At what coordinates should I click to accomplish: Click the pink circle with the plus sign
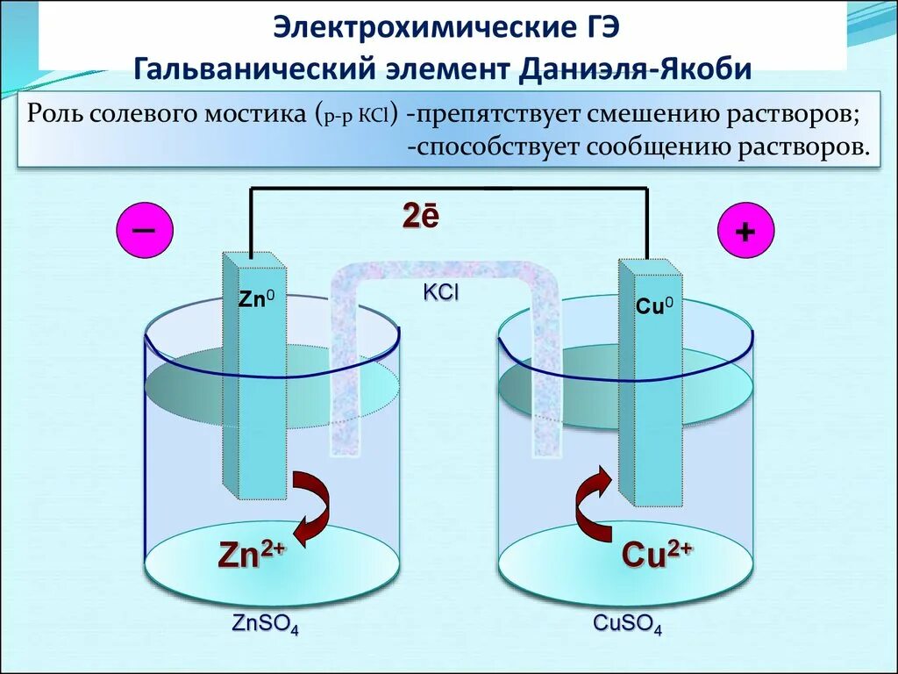[745, 232]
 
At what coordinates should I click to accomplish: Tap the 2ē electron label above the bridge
[420, 216]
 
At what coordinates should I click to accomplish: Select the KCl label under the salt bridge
[440, 293]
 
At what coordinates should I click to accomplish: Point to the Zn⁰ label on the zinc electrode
[256, 298]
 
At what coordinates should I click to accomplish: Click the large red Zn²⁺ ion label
[251, 556]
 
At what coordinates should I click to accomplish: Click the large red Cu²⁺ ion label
[657, 555]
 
